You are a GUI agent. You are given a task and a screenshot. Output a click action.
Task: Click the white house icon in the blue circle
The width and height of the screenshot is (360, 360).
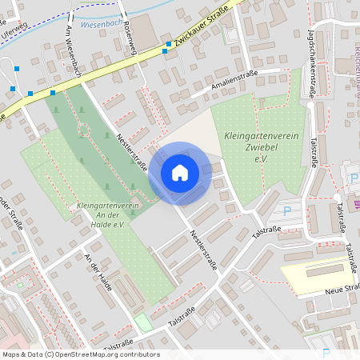coord(179,172)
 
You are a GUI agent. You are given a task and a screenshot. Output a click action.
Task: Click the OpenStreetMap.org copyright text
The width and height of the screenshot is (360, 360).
coord(80,354)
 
